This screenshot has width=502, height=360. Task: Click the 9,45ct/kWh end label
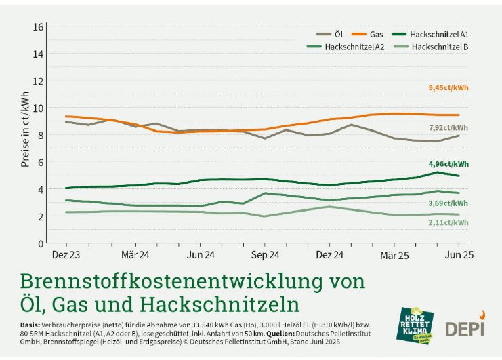click(448, 88)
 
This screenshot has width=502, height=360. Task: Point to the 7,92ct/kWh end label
click(448, 127)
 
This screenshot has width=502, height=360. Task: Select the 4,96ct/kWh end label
click(448, 164)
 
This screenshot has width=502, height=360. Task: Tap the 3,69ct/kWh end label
click(448, 203)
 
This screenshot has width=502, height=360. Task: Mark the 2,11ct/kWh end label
click(448, 222)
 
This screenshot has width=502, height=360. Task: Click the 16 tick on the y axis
click(39, 26)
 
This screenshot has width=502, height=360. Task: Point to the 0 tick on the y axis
click(41, 243)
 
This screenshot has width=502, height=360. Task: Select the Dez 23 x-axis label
click(66, 256)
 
